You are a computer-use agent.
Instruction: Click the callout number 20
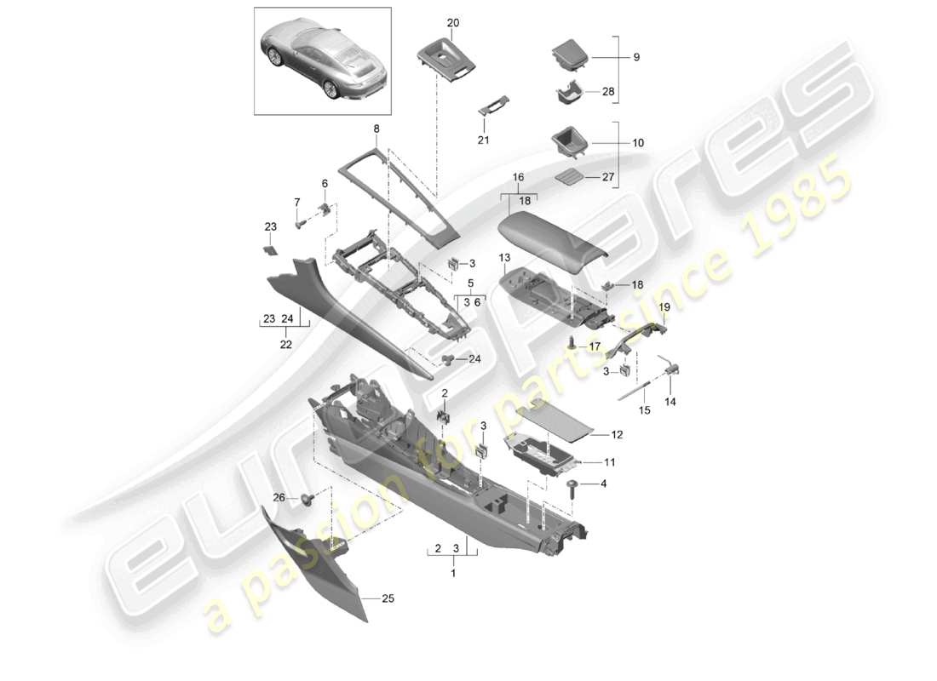coord(451,22)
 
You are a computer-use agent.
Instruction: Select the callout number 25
coord(388,599)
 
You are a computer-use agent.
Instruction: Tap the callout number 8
coord(375,129)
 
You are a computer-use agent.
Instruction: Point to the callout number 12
coord(617,434)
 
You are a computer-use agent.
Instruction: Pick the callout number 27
coord(631,178)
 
